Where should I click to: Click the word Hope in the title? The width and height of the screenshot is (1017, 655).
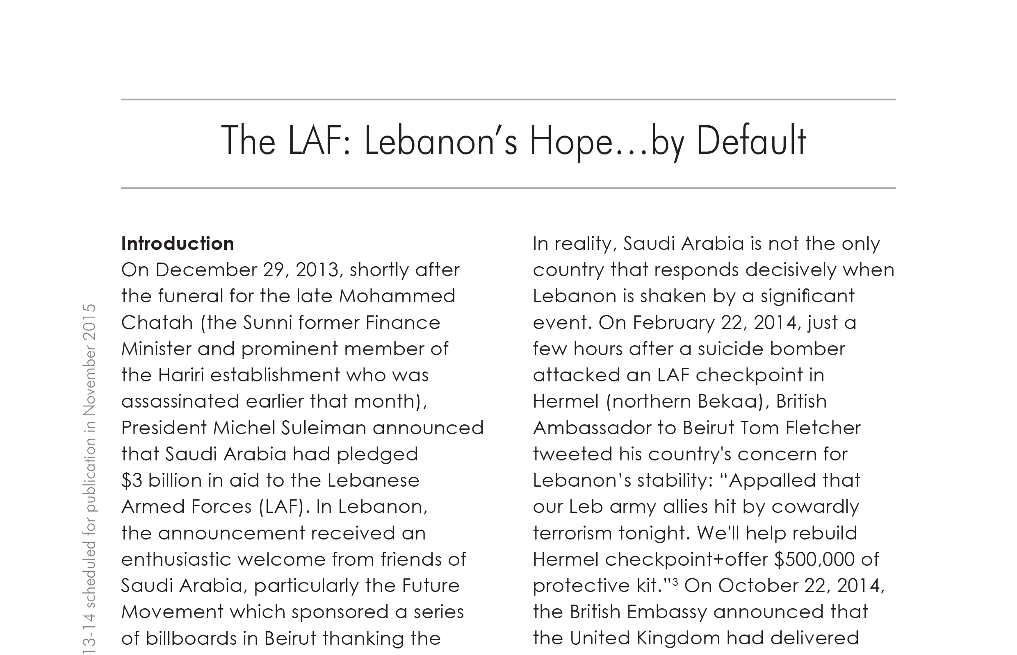pyautogui.click(x=570, y=142)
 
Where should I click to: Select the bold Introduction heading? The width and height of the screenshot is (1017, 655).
pyautogui.click(x=178, y=244)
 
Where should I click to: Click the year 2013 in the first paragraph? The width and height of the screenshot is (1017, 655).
pyautogui.click(x=317, y=270)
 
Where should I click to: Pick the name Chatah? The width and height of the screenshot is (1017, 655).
pyautogui.click(x=157, y=323)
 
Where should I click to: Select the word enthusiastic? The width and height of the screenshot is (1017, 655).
pyautogui.click(x=176, y=560)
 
